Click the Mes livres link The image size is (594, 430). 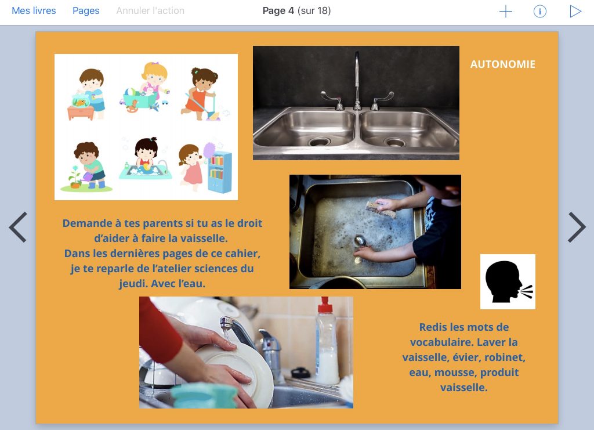pyautogui.click(x=34, y=10)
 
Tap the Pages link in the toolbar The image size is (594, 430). pyautogui.click(x=86, y=11)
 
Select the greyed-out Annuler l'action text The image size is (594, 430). pyautogui.click(x=150, y=10)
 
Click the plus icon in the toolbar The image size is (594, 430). pyautogui.click(x=506, y=12)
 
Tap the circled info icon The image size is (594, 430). pyautogui.click(x=540, y=12)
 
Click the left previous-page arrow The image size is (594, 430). pyautogui.click(x=18, y=227)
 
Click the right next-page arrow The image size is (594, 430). pyautogui.click(x=577, y=227)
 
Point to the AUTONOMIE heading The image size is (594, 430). pyautogui.click(x=503, y=64)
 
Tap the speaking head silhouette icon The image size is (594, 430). pyautogui.click(x=508, y=281)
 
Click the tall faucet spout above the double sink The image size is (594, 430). pyautogui.click(x=357, y=80)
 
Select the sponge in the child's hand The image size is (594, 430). pyautogui.click(x=381, y=209)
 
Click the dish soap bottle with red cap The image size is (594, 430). pyautogui.click(x=327, y=341)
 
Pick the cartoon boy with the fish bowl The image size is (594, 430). pyautogui.click(x=87, y=95)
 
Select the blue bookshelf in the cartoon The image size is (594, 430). pyautogui.click(x=220, y=172)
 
